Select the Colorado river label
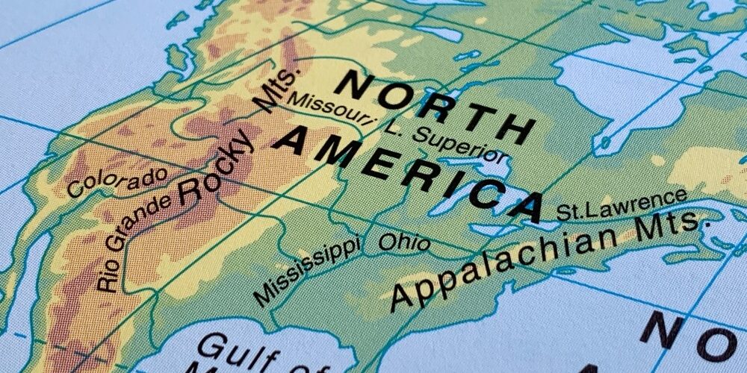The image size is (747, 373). [x=117, y=182]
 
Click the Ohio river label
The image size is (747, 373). [x=404, y=242]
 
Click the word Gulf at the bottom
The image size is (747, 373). [x=229, y=351]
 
